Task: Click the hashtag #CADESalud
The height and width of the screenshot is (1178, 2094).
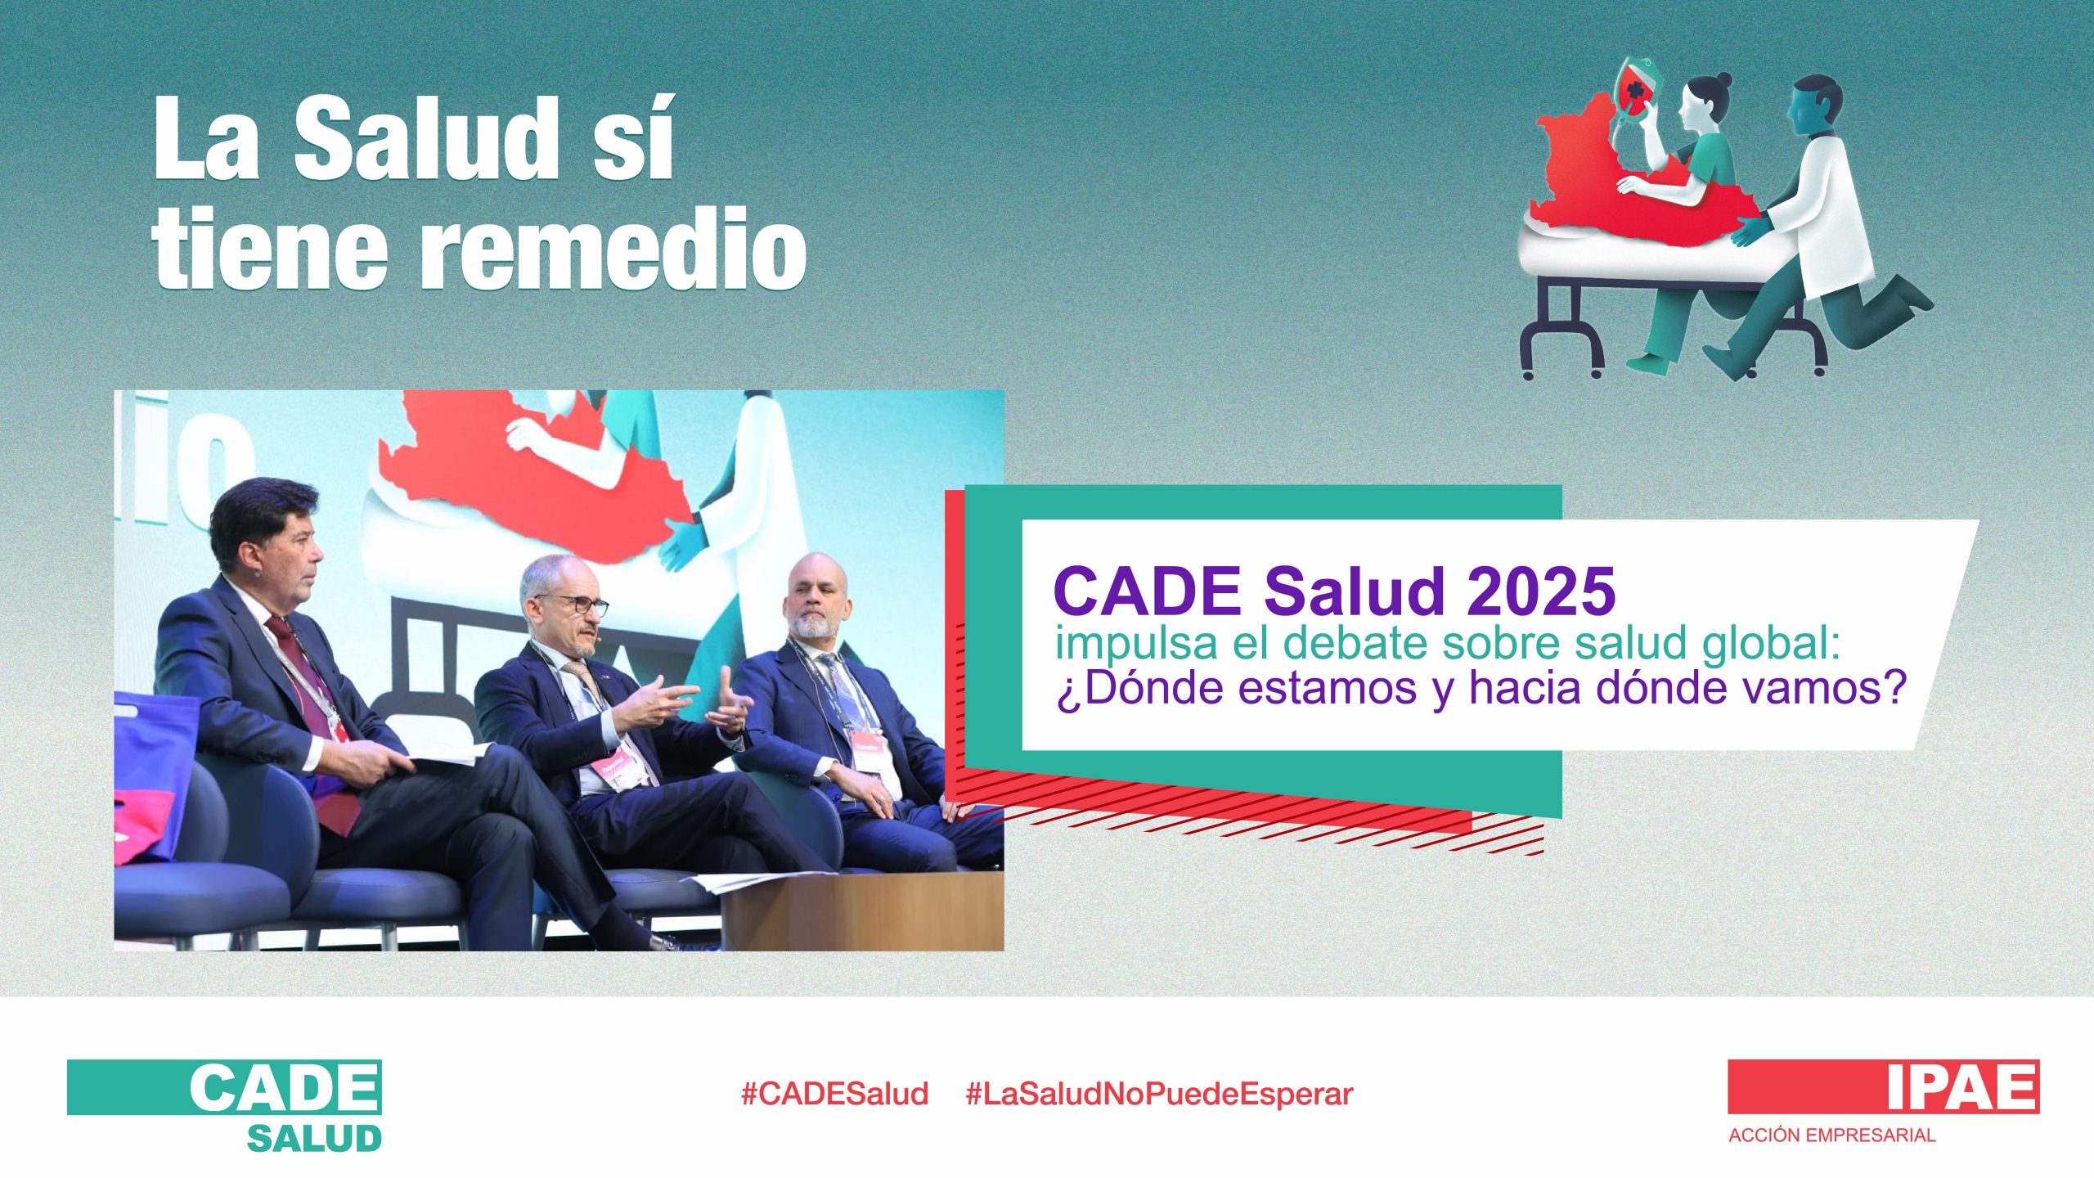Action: pos(834,1094)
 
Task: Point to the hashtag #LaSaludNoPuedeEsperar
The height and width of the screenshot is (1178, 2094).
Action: pos(1159,1094)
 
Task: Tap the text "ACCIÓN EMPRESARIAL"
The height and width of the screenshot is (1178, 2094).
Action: pos(1831,1135)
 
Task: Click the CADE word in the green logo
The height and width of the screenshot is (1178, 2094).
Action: pos(285,1087)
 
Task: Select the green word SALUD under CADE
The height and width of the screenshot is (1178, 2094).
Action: pos(315,1139)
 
